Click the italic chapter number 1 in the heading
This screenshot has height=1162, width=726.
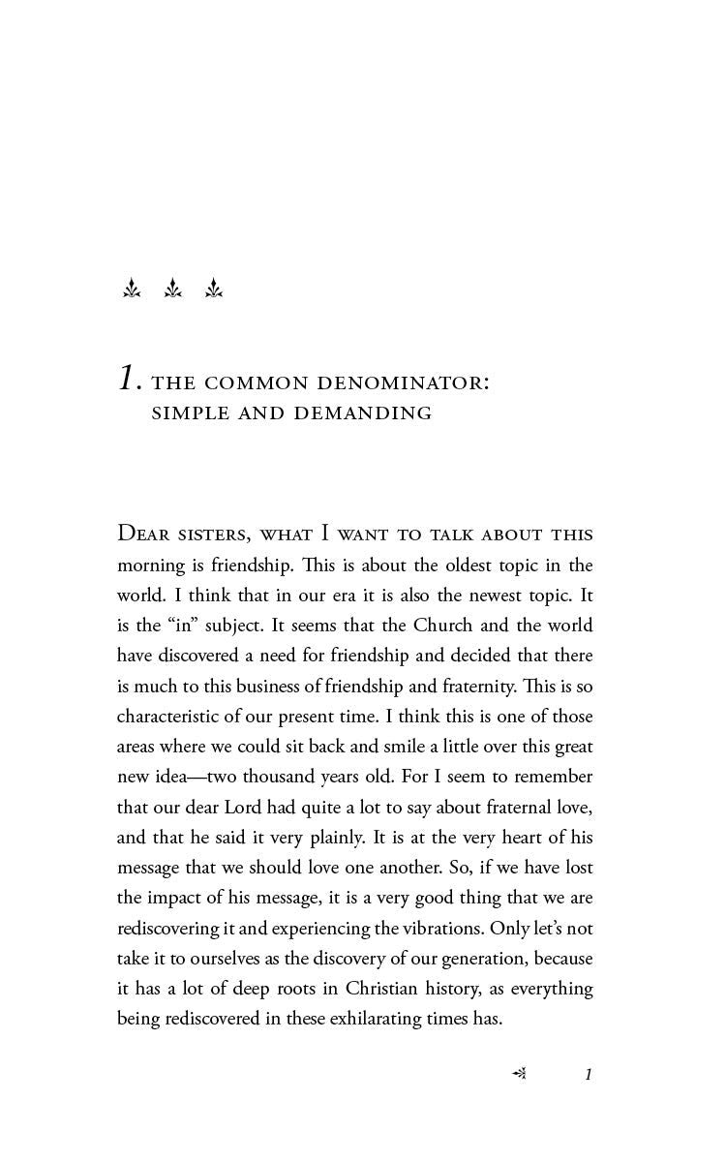coord(127,378)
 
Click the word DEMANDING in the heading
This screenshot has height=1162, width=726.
coord(363,413)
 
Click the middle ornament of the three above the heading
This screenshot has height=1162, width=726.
coord(173,289)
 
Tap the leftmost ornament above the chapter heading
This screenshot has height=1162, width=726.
coord(132,289)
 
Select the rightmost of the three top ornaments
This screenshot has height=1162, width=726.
coord(214,289)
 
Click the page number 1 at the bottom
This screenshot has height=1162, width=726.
coord(589,1074)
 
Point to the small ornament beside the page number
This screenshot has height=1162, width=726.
coord(519,1073)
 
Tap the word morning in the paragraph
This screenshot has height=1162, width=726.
coord(148,566)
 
